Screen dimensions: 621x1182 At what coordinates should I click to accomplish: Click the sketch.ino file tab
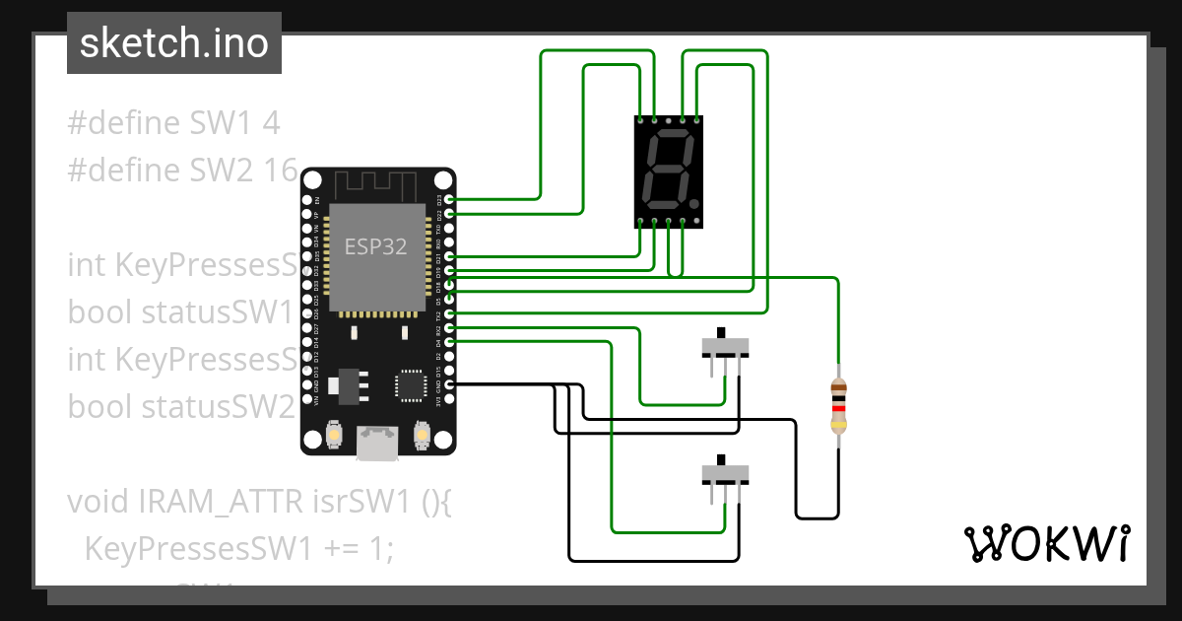174,43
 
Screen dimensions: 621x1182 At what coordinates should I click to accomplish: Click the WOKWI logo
1046,543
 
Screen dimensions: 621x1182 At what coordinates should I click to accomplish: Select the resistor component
837,406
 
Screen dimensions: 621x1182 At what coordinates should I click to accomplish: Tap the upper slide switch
725,347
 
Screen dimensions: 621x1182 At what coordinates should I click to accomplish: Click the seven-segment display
669,172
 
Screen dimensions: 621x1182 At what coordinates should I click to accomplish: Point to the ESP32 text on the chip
375,246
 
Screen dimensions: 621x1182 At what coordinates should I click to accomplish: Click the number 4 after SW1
272,123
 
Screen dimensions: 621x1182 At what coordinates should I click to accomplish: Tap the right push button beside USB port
421,435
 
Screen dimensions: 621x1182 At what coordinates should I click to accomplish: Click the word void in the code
99,501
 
